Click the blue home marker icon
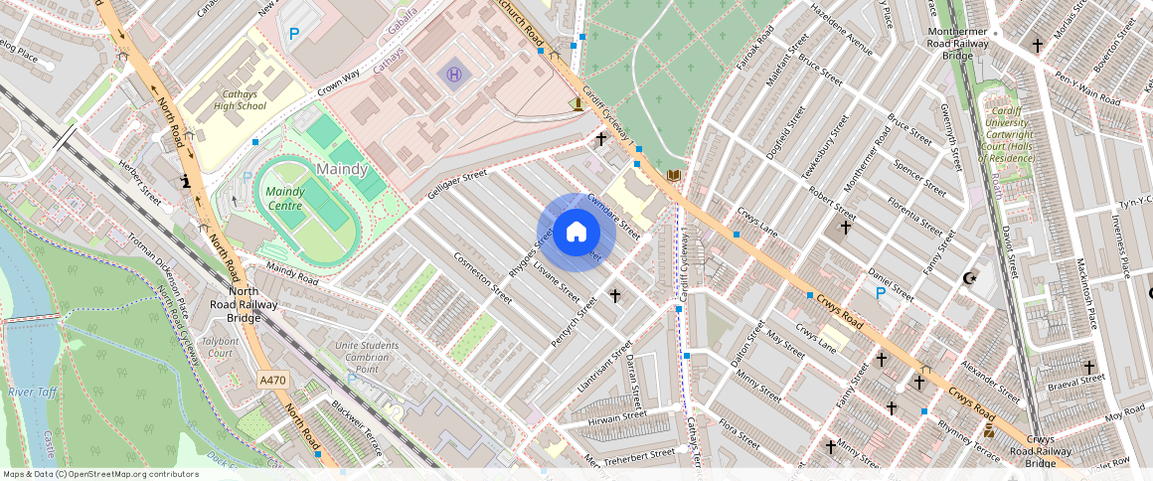(x=576, y=233)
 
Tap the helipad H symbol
(x=454, y=74)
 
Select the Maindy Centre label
(x=285, y=199)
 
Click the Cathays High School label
(x=239, y=99)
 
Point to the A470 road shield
(x=273, y=380)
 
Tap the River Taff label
(x=32, y=393)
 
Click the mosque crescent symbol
(x=970, y=278)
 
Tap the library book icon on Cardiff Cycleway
(x=674, y=176)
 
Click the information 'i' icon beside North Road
(x=186, y=181)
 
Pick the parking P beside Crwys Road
(x=879, y=293)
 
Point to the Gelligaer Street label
(x=457, y=185)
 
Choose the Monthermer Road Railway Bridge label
(x=957, y=44)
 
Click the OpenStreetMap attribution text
(x=100, y=474)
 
